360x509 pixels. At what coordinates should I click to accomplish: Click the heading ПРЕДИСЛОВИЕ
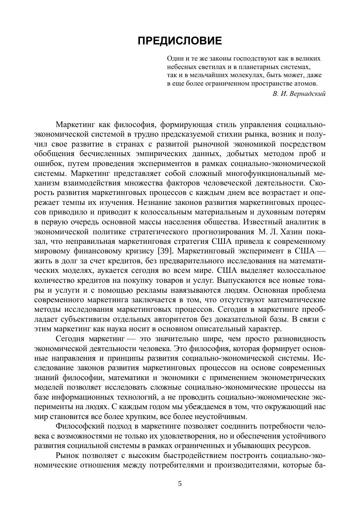(180, 41)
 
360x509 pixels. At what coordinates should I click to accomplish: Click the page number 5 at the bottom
(180, 484)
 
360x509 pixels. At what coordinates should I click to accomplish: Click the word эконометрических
(293, 378)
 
